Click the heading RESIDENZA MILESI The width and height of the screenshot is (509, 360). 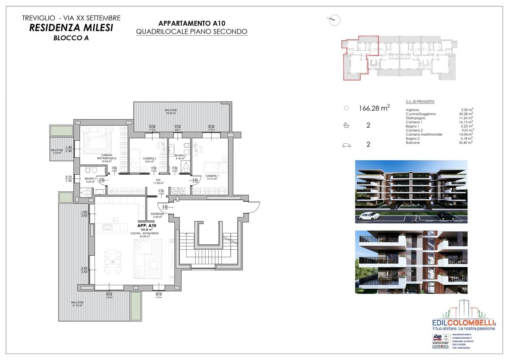click(x=71, y=28)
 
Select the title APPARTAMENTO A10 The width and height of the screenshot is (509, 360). click(x=191, y=23)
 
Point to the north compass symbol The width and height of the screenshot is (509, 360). click(x=335, y=20)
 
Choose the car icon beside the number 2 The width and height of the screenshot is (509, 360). click(x=347, y=145)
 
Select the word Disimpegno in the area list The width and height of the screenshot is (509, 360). click(x=415, y=118)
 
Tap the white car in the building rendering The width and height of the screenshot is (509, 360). click(x=369, y=216)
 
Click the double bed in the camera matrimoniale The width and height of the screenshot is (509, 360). click(x=98, y=138)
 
